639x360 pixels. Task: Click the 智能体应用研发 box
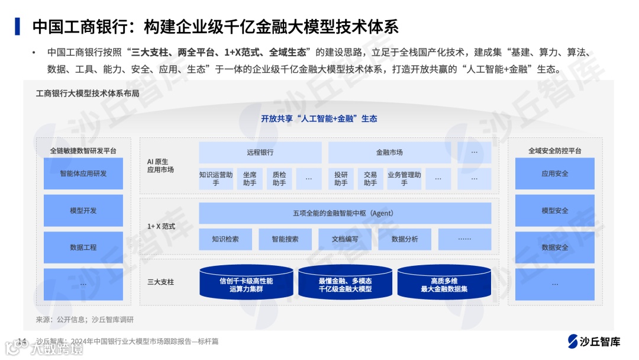pyautogui.click(x=83, y=173)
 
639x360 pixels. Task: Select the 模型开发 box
pyautogui.click(x=83, y=210)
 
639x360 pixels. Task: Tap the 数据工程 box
pyautogui.click(x=83, y=247)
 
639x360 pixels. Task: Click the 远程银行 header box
pyautogui.click(x=260, y=152)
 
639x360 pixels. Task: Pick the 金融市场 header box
pyautogui.click(x=389, y=152)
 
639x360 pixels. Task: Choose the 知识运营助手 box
pyautogui.click(x=216, y=179)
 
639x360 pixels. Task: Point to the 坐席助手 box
pyautogui.click(x=250, y=179)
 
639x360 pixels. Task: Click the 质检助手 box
pyautogui.click(x=279, y=179)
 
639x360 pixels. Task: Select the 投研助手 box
pyautogui.click(x=341, y=179)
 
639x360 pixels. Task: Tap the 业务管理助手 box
pyautogui.click(x=404, y=179)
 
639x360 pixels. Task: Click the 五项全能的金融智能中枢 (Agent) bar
pyautogui.click(x=344, y=213)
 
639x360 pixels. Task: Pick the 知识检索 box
pyautogui.click(x=225, y=239)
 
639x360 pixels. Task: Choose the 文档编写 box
pyautogui.click(x=344, y=239)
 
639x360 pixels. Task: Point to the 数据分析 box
pyautogui.click(x=405, y=239)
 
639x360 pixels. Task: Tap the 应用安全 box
pyautogui.click(x=554, y=173)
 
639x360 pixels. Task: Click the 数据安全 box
pyautogui.click(x=554, y=247)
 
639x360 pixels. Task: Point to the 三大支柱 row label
pyautogui.click(x=161, y=282)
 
